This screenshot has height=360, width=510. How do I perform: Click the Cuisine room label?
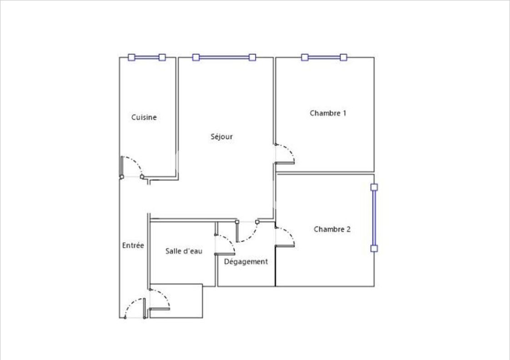click(144, 117)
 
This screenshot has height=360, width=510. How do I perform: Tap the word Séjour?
click(222, 136)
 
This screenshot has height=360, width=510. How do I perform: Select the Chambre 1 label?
click(328, 113)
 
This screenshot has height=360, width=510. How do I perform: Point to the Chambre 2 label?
click(332, 230)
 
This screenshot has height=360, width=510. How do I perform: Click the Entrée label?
click(133, 245)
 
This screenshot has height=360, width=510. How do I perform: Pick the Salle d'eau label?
click(184, 251)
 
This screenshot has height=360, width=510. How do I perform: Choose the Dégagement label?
click(246, 262)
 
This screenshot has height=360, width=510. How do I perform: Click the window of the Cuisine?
click(146, 58)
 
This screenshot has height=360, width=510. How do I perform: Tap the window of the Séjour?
click(224, 58)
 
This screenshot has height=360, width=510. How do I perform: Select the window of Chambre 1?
click(324, 58)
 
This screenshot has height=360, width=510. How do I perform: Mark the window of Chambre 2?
click(374, 218)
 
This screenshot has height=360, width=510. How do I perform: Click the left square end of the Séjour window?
click(196, 57)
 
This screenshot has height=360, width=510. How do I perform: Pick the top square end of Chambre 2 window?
click(374, 187)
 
